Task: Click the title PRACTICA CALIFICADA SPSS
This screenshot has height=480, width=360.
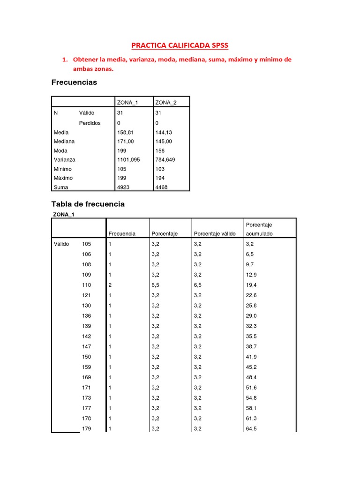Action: coord(180,45)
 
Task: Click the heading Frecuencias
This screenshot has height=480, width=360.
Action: coord(74,82)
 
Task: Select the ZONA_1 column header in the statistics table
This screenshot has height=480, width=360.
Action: coord(127,103)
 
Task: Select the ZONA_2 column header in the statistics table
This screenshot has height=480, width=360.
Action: coord(165,103)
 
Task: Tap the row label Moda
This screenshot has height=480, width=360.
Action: coord(60,150)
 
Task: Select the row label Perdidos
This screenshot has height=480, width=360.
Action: coord(90,123)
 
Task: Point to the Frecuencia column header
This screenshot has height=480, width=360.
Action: coord(122,233)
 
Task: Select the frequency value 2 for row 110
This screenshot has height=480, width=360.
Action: coord(110,285)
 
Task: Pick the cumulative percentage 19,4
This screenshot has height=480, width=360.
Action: coord(251,285)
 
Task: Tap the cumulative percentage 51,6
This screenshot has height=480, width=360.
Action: coord(251,388)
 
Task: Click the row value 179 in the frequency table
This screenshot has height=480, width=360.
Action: coord(87,428)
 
